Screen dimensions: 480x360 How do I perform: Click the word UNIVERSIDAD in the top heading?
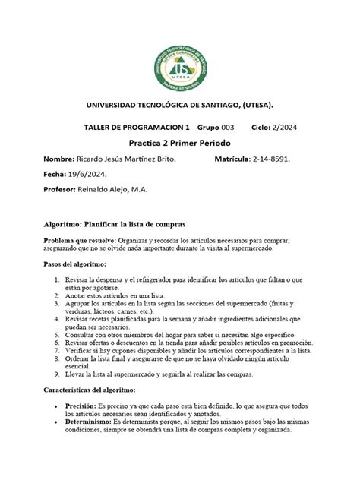pyautogui.click(x=113, y=103)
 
